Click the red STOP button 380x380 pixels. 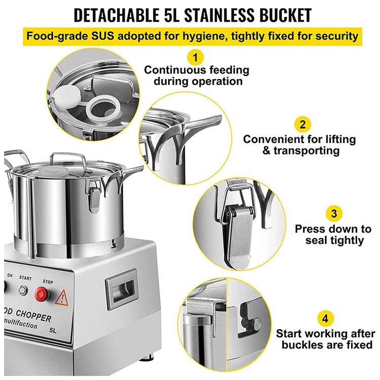[42, 293]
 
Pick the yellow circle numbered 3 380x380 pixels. [334, 214]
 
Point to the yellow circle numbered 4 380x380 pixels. [325, 319]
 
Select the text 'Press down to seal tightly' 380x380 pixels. [334, 235]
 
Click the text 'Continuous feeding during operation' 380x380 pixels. [197, 75]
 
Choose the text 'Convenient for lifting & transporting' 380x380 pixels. [299, 145]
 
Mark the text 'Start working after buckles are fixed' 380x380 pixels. [325, 339]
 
